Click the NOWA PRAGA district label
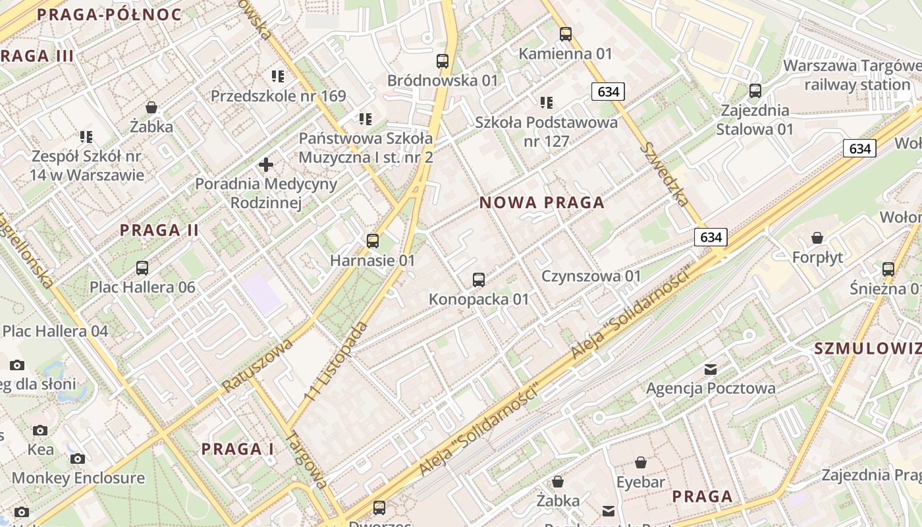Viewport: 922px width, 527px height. (x=541, y=203)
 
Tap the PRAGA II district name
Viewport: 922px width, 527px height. (x=159, y=231)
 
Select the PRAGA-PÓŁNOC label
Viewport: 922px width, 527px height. (x=109, y=14)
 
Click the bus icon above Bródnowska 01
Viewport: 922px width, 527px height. (x=443, y=61)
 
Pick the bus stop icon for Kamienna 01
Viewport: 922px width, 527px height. (x=565, y=34)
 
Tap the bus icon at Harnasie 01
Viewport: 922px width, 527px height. (x=373, y=241)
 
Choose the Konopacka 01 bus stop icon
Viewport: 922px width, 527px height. (x=479, y=280)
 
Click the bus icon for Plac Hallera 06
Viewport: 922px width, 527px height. (x=142, y=268)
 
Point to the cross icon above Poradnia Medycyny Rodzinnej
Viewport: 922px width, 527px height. (x=266, y=165)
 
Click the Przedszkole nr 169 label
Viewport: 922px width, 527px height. (x=278, y=96)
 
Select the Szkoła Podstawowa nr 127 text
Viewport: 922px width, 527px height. (x=547, y=132)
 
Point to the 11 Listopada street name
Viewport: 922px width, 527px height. (x=336, y=362)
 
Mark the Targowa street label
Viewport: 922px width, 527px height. (x=308, y=460)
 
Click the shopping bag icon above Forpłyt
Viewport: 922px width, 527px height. (x=817, y=238)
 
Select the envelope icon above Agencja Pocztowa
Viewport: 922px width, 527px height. (x=711, y=370)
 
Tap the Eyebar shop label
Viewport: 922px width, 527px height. (x=640, y=482)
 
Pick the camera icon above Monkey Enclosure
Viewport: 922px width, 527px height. (x=78, y=458)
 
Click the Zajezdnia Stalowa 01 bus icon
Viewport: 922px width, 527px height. (x=755, y=91)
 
